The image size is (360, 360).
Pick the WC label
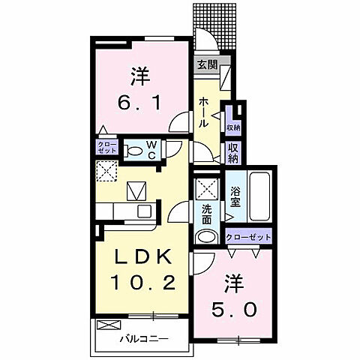(151, 148)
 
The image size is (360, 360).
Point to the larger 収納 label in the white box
(233, 152)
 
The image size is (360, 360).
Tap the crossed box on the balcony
(108, 328)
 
